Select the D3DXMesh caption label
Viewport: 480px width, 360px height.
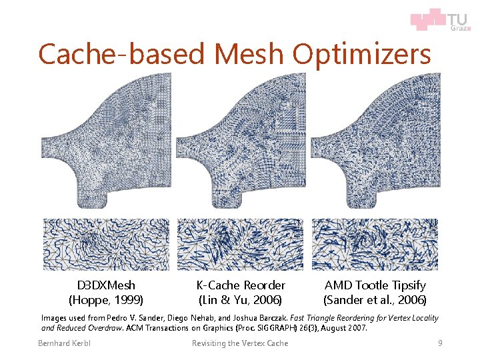pos(106,285)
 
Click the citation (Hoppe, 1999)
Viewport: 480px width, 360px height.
pos(106,300)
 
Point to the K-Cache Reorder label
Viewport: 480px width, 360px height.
pos(241,285)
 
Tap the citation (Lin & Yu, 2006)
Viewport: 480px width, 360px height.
pos(241,300)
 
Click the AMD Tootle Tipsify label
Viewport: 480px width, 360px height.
pos(375,285)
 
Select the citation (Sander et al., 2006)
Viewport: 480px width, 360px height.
pos(375,300)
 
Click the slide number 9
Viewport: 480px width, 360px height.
pos(439,343)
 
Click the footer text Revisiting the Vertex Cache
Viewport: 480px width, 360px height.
pos(240,343)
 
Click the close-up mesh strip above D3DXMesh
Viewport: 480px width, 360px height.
pos(106,244)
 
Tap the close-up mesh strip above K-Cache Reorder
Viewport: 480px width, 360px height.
pos(240,244)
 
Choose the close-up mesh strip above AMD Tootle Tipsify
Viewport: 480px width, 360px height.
pos(375,244)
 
